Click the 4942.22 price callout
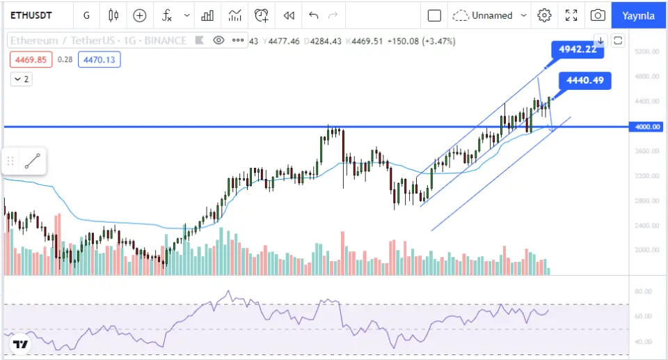(x=577, y=49)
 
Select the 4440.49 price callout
(x=585, y=81)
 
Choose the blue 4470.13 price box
(x=101, y=60)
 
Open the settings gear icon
(x=545, y=15)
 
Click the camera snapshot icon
(x=597, y=15)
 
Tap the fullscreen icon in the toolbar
(x=571, y=15)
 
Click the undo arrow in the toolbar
(x=313, y=15)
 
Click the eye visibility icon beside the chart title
(x=218, y=40)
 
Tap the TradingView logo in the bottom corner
(x=21, y=345)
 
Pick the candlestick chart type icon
(x=113, y=15)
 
